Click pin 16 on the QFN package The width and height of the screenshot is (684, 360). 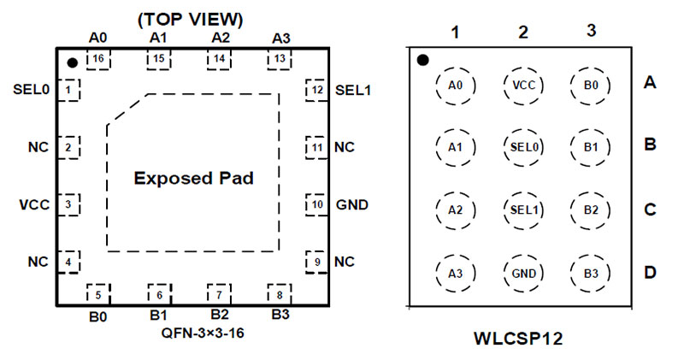[x=98, y=60]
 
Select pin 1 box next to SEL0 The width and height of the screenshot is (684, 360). [x=68, y=89]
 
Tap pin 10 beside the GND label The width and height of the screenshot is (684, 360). [x=316, y=204]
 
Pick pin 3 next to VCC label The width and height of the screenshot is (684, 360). [x=68, y=204]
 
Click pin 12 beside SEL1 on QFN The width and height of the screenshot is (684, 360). [x=316, y=89]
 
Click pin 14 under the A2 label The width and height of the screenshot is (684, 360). [x=219, y=60]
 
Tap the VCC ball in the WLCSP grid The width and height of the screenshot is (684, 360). [x=522, y=85]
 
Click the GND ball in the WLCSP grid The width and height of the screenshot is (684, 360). [x=522, y=273]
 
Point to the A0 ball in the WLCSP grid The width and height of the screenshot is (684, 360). [x=455, y=85]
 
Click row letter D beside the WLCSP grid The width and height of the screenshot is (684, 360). [x=650, y=274]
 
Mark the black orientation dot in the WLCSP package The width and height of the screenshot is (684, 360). [x=422, y=60]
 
